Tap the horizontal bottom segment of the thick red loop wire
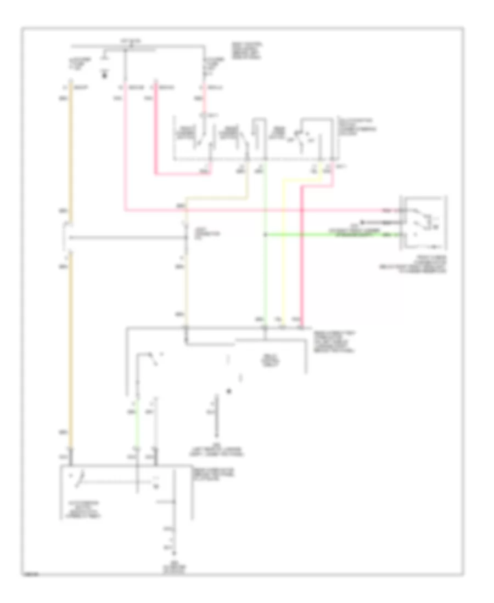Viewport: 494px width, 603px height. pyautogui.click(x=181, y=175)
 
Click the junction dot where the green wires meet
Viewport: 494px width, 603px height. pyautogui.click(x=265, y=235)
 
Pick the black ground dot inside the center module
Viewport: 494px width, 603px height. pyautogui.click(x=229, y=391)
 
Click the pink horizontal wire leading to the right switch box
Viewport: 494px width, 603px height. pyautogui.click(x=274, y=210)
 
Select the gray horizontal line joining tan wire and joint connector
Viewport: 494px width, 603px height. pyautogui.click(x=126, y=238)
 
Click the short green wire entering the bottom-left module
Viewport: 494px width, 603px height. pyautogui.click(x=137, y=433)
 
